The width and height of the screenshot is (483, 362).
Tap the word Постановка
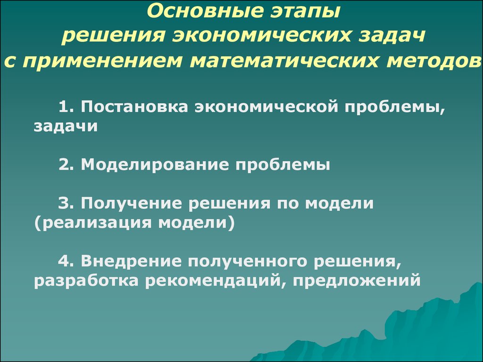pyautogui.click(x=134, y=107)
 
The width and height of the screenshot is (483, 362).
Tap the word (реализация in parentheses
pyautogui.click(x=93, y=223)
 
